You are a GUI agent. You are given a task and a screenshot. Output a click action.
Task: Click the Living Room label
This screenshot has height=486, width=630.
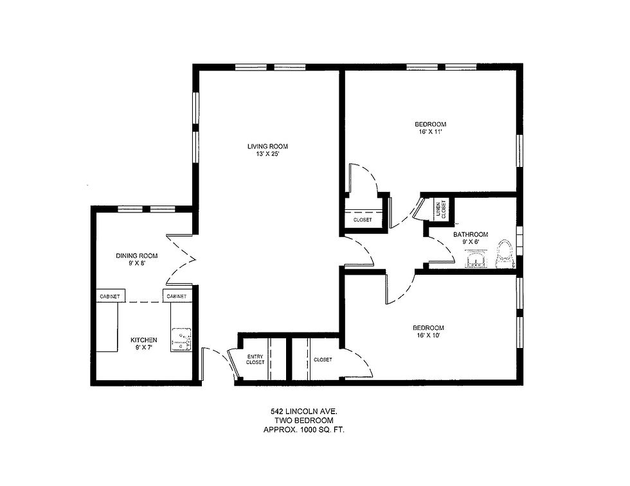coord(267,146)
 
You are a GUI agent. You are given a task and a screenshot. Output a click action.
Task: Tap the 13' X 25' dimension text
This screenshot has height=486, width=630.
coord(267,154)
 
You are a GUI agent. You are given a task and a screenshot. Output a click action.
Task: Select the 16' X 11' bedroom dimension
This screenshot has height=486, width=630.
coord(430,132)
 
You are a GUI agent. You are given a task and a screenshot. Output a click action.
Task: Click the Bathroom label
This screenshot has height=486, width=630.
coord(470,235)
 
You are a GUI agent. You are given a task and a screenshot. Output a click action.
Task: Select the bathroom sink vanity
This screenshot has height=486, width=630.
coord(476,259)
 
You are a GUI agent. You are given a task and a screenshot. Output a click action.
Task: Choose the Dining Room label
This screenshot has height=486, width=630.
coord(136,256)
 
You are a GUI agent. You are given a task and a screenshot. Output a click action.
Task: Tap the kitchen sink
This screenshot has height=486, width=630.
coord(181,340)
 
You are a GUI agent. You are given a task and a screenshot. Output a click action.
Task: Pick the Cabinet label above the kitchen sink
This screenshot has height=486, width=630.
coord(176,297)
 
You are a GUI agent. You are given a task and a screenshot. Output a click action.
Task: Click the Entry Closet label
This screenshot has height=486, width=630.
coord(255,360)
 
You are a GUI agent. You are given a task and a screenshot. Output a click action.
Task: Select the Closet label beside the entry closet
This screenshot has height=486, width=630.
coord(323,360)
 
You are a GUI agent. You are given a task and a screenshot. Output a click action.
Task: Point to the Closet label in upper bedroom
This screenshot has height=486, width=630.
coord(363,220)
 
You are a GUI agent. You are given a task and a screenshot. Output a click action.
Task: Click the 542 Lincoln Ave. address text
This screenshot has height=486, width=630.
coord(306,410)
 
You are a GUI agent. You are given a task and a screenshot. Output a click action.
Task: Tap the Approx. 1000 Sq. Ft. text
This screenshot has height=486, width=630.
coord(306,430)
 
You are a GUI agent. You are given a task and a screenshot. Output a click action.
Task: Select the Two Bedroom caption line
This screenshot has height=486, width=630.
coord(306,420)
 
